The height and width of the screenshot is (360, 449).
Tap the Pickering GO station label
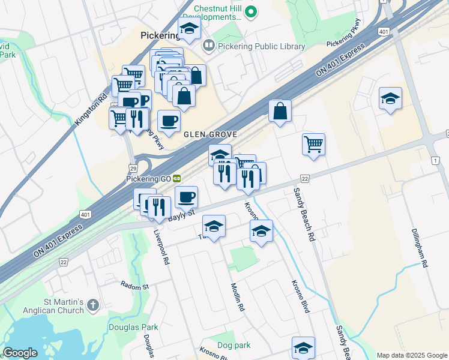click(148, 178)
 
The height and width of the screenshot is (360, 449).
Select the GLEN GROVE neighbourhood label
click(211, 134)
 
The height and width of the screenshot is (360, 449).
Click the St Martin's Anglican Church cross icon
click(92, 305)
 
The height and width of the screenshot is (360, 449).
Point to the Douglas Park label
click(133, 327)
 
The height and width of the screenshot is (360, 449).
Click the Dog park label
click(234, 345)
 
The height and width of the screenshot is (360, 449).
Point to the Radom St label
click(134, 286)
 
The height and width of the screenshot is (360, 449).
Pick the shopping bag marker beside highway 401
click(280, 111)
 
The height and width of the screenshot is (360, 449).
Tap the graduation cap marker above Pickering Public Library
click(190, 28)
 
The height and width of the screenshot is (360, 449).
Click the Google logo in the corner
click(20, 353)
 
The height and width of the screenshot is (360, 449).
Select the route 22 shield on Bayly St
click(305, 179)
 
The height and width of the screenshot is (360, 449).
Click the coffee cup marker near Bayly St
click(187, 196)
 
